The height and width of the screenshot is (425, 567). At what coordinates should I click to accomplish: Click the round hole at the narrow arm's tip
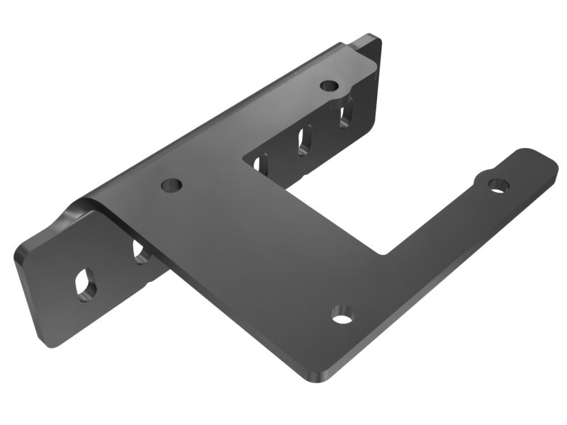point(498,186)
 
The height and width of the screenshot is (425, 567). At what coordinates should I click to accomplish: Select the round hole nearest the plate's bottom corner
point(342,314)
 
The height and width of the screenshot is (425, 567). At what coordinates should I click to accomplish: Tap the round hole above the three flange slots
point(328,86)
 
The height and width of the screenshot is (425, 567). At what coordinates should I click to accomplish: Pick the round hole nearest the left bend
point(172,186)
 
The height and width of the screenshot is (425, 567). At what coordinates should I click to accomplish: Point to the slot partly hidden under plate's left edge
point(140,252)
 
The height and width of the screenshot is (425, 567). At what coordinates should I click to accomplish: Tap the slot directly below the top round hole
point(345,113)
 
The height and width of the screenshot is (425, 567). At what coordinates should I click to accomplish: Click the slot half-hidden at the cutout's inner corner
point(257,164)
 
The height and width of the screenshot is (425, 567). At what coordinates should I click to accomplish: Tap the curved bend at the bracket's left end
point(84,207)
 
